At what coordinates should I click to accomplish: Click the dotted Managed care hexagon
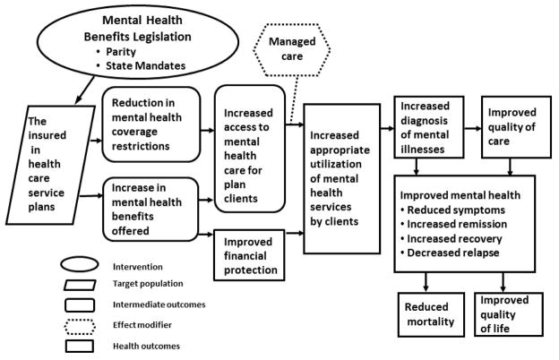[292, 49]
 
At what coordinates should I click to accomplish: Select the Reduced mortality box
[431, 314]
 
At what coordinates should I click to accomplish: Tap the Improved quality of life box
[509, 314]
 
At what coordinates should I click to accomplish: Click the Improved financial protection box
[249, 255]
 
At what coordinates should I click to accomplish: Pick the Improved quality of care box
[516, 127]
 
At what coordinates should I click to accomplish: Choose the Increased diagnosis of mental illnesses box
[429, 127]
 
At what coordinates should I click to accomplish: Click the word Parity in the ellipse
[121, 52]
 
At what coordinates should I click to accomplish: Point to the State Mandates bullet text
[145, 66]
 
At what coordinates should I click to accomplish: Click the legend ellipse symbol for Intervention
[79, 264]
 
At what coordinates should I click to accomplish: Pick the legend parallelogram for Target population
[80, 285]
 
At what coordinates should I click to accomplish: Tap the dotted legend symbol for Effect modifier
[80, 327]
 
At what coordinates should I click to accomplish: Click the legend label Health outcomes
[146, 346]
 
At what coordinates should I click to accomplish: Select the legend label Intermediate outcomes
[159, 304]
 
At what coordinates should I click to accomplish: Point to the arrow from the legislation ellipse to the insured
[85, 90]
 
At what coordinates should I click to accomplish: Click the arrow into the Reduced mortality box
[426, 282]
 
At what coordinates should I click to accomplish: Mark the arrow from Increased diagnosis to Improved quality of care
[473, 128]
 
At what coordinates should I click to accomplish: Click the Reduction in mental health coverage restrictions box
[151, 124]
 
